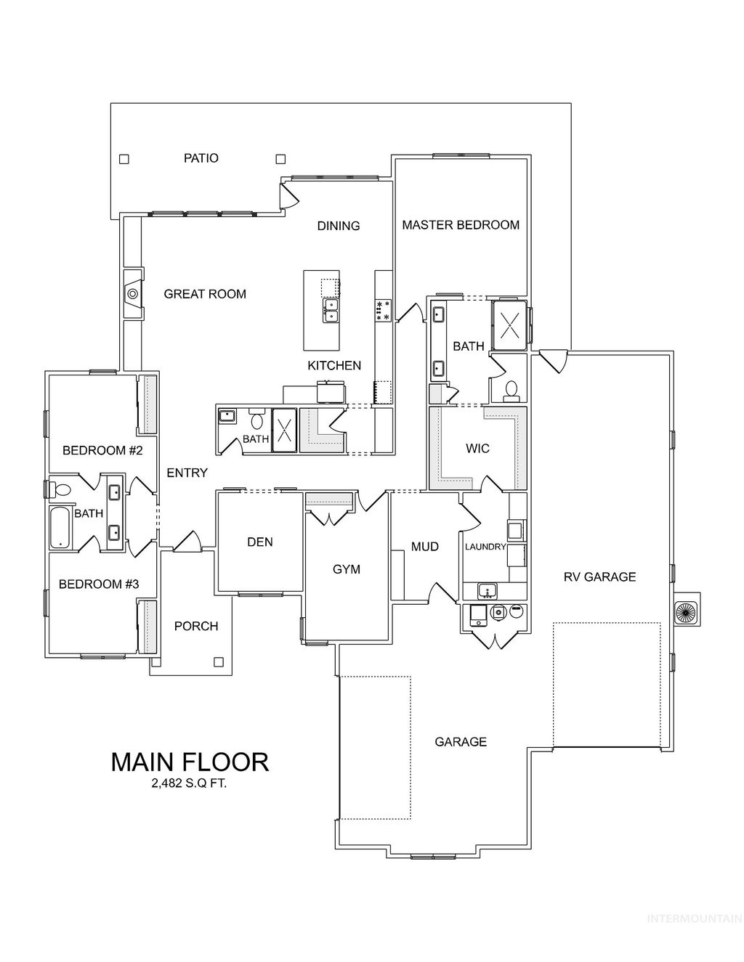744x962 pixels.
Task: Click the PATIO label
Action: [x=201, y=158]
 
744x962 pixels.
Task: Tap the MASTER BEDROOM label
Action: [x=461, y=225]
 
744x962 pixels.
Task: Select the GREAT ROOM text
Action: [x=205, y=294]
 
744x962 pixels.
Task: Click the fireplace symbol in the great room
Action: [x=132, y=294]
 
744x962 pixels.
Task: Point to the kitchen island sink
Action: [x=330, y=311]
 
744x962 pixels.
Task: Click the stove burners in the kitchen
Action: [x=383, y=310]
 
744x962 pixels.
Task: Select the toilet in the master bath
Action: [x=511, y=390]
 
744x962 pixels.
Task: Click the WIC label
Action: [x=477, y=449]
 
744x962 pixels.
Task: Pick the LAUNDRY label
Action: [x=485, y=547]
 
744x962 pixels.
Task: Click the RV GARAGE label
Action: [x=599, y=577]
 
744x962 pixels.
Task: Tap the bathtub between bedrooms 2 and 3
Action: [x=60, y=527]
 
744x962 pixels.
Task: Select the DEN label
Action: [x=259, y=542]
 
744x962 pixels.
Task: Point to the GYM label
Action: [x=347, y=569]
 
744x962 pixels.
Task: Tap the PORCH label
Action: [x=196, y=626]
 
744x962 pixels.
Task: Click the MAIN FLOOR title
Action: [x=190, y=762]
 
